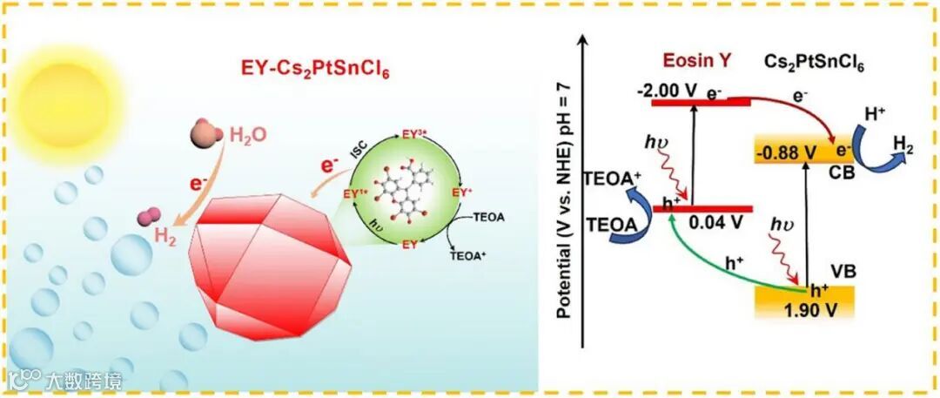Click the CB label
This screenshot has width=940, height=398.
(x=842, y=174)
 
